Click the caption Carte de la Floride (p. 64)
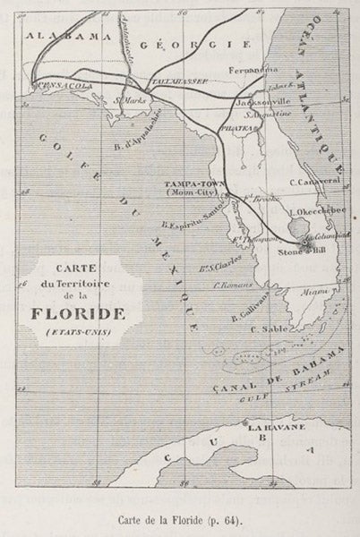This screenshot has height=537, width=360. pyautogui.click(x=179, y=516)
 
